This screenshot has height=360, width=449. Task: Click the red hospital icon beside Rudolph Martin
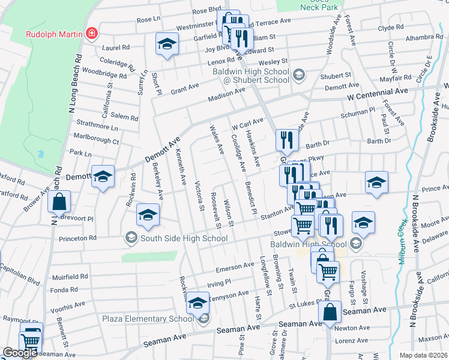91,33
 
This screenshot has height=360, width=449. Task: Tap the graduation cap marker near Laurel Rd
167,44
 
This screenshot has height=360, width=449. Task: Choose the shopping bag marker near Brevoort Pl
59,203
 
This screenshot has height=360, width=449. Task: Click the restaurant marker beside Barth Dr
287,140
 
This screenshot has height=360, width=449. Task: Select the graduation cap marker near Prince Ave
376,182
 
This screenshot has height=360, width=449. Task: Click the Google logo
20,353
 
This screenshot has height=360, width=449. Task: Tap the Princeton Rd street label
76,238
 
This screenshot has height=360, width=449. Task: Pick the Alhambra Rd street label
424,37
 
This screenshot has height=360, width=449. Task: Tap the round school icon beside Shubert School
299,76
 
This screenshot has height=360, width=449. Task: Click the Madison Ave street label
226,95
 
